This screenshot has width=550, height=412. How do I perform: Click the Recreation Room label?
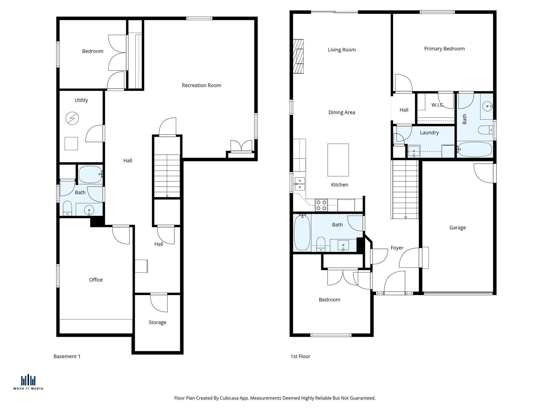[201, 85]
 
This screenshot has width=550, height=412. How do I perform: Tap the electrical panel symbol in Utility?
[72, 118]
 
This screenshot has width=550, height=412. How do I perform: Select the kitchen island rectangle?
[338, 160]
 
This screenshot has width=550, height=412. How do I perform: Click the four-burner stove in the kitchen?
[321, 205]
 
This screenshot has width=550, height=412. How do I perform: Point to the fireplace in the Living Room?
[298, 56]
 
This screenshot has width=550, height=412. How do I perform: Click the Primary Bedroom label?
[444, 49]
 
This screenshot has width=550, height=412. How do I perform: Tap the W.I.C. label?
[437, 105]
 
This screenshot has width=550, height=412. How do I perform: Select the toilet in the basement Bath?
[67, 208]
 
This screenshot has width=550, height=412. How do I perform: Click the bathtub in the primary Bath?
[475, 149]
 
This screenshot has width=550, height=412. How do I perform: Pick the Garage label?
[457, 227]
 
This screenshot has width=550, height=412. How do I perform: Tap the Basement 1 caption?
[67, 356]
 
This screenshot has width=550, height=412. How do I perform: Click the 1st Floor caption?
[300, 356]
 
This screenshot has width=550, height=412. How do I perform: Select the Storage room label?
[157, 322]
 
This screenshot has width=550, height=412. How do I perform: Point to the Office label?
[96, 279]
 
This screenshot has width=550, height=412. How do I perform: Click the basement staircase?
[167, 176]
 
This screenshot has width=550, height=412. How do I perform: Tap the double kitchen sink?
[300, 184]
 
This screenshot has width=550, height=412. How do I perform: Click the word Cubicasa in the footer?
[230, 398]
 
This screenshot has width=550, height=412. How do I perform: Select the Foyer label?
[397, 248]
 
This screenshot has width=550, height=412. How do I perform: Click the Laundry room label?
[429, 133]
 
